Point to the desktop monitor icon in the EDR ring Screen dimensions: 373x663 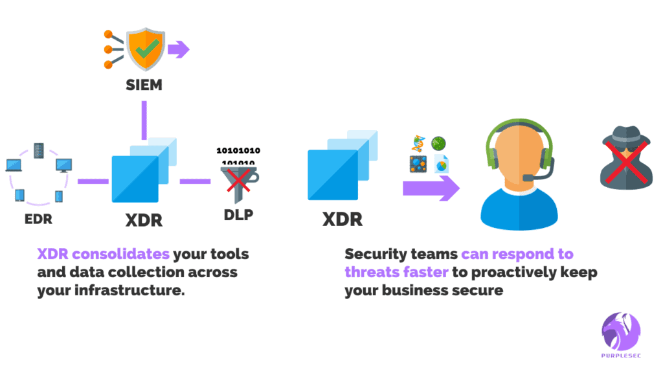pyautogui.click(x=63, y=165)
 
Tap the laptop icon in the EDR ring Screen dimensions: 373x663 pyautogui.click(x=13, y=166)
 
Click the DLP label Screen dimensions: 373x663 pyautogui.click(x=238, y=214)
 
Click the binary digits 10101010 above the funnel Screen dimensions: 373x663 pyautogui.click(x=238, y=151)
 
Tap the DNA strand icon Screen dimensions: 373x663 pyautogui.click(x=418, y=143)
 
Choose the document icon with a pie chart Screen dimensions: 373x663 pyautogui.click(x=442, y=163)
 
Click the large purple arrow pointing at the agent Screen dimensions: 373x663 pyautogui.click(x=431, y=188)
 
